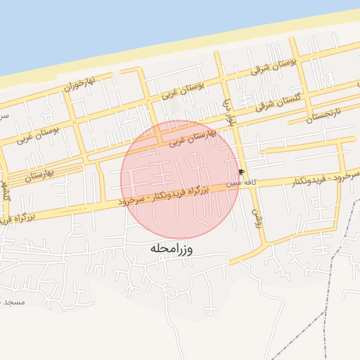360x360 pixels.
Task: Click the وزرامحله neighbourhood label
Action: point(172,249)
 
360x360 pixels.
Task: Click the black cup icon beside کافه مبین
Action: point(241,172)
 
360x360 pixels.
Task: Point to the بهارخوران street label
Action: point(79,86)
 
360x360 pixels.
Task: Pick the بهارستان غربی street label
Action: point(190,137)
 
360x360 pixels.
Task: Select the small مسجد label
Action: point(13,302)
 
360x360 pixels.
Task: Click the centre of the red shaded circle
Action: point(180,180)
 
